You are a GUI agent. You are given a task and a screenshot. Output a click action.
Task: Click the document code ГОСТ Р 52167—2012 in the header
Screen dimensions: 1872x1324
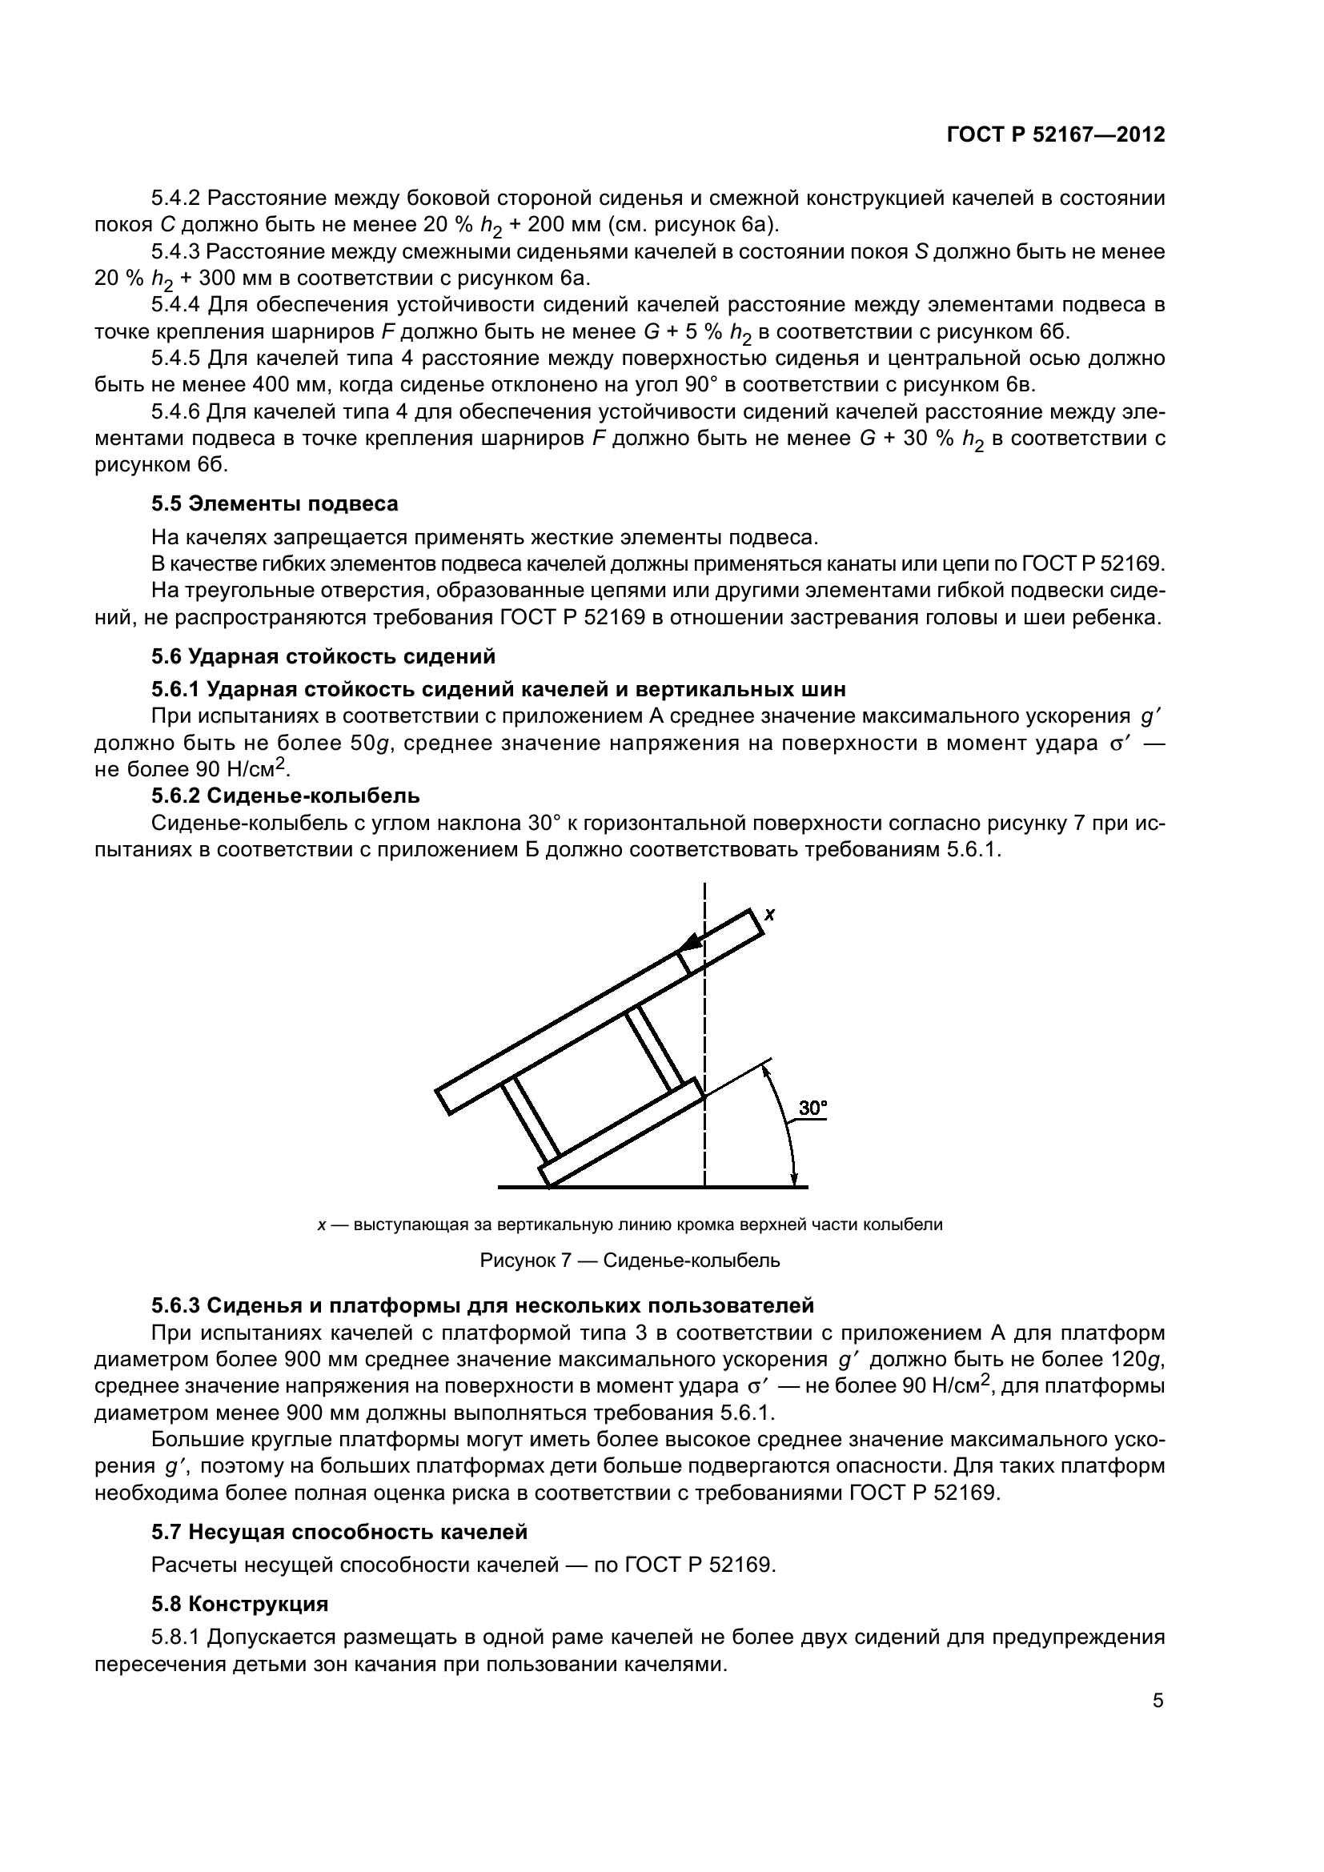point(1056,134)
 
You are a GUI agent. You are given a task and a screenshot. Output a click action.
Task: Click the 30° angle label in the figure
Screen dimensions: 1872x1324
point(812,1108)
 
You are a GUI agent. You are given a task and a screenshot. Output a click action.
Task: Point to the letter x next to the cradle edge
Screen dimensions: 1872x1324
point(768,915)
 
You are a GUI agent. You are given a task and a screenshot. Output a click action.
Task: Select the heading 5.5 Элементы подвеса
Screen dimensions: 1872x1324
point(275,504)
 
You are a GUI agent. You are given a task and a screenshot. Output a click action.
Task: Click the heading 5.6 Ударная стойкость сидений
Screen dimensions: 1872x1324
point(323,656)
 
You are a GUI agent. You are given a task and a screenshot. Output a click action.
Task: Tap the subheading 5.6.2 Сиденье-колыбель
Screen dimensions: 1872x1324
point(285,795)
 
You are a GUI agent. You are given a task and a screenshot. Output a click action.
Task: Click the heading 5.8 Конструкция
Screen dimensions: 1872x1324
point(239,1604)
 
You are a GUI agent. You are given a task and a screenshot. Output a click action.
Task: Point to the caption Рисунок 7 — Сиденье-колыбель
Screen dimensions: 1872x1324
point(629,1261)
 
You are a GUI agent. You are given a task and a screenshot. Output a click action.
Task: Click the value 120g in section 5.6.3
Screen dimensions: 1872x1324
point(1138,1359)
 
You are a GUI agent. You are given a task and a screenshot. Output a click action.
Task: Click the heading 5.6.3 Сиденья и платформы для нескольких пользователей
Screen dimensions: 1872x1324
point(483,1305)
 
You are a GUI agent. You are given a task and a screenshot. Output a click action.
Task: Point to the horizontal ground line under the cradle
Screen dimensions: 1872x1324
point(652,1186)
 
